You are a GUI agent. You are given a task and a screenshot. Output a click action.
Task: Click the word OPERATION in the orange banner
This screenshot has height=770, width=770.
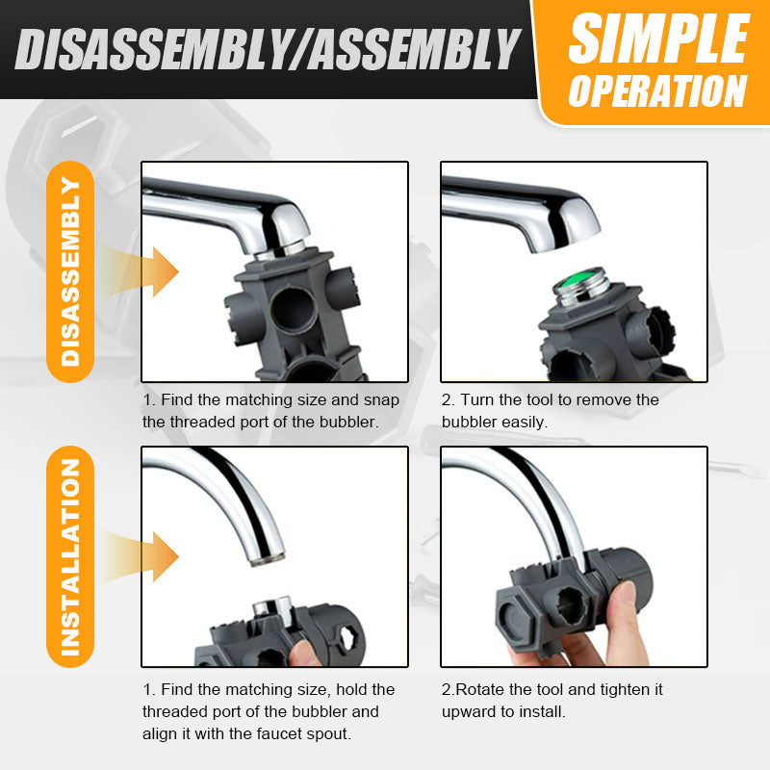[658, 91]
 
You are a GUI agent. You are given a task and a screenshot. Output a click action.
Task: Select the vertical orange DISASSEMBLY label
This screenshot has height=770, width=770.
[70, 271]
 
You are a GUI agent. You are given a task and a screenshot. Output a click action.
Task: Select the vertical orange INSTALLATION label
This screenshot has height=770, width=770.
[70, 557]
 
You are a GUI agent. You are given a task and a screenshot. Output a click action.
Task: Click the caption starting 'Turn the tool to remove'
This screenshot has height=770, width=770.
[550, 410]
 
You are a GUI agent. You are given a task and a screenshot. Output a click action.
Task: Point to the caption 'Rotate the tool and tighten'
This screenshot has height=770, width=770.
[552, 701]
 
